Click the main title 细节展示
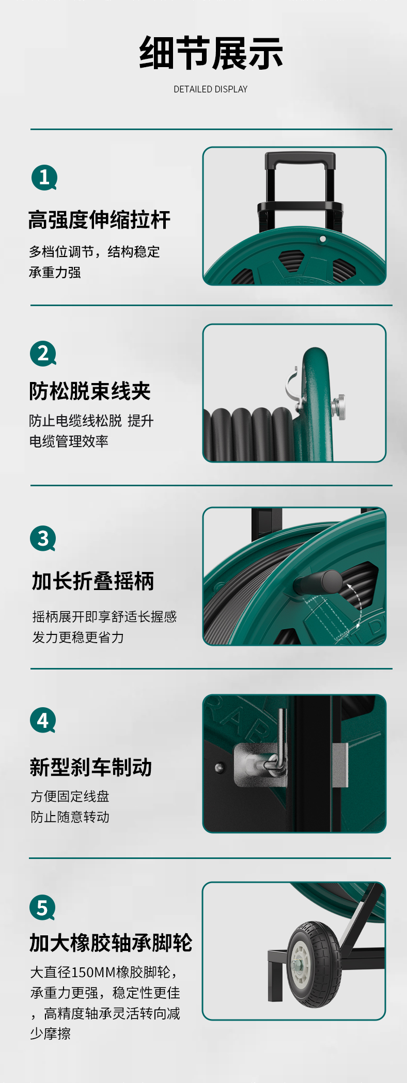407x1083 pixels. [x=211, y=53]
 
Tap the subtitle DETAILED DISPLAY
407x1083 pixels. [x=211, y=89]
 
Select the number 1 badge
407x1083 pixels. [x=44, y=178]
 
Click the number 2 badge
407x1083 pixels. [x=43, y=354]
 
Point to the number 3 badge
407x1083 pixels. [x=43, y=538]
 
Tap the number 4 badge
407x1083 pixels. [x=43, y=721]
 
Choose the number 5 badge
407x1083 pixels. [x=42, y=907]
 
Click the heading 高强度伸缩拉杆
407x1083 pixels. [x=99, y=220]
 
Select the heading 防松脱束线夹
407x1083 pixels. [x=90, y=391]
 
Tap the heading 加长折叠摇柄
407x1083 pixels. [x=93, y=581]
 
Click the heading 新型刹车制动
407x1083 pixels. [x=91, y=767]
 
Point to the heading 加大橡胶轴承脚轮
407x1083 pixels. [x=111, y=943]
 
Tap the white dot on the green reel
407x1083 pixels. [x=323, y=239]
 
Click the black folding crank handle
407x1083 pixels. [x=317, y=582]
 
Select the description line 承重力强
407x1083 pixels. [x=55, y=272]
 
